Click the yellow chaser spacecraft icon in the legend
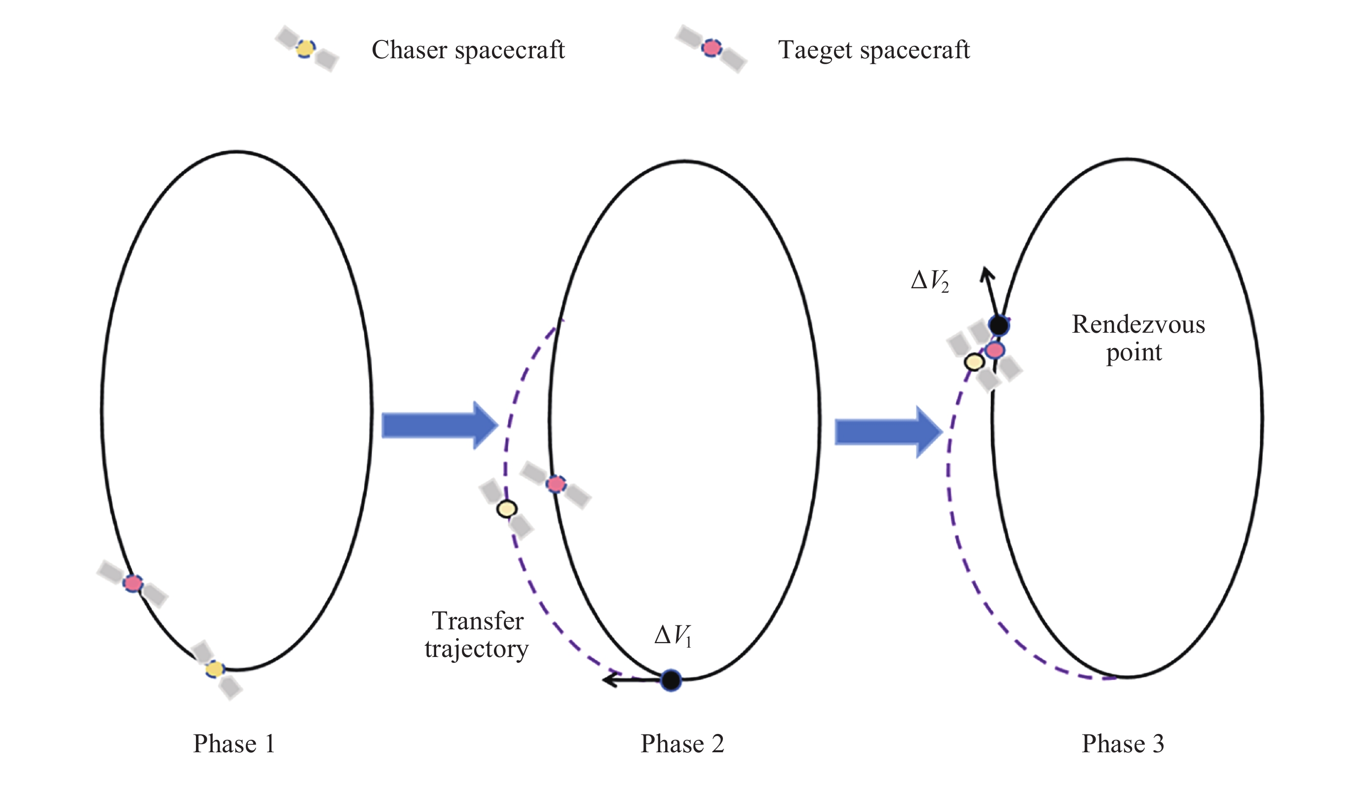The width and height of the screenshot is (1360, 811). [x=306, y=49]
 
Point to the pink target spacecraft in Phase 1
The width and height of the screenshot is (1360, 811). [x=133, y=583]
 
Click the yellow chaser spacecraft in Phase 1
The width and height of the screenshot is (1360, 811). [x=215, y=669]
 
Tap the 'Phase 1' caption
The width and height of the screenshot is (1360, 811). [x=234, y=744]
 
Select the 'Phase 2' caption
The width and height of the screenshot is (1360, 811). [x=682, y=744]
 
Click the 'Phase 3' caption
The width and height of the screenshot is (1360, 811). [x=1123, y=744]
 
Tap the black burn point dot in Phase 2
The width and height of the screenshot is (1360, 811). [x=671, y=680]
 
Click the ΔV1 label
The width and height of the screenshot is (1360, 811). [x=673, y=636]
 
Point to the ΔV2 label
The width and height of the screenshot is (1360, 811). [x=930, y=281]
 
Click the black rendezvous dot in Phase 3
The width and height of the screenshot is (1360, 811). [x=998, y=326]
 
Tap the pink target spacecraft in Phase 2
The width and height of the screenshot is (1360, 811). [x=556, y=484]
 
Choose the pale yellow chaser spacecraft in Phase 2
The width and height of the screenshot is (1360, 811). [x=507, y=509]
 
